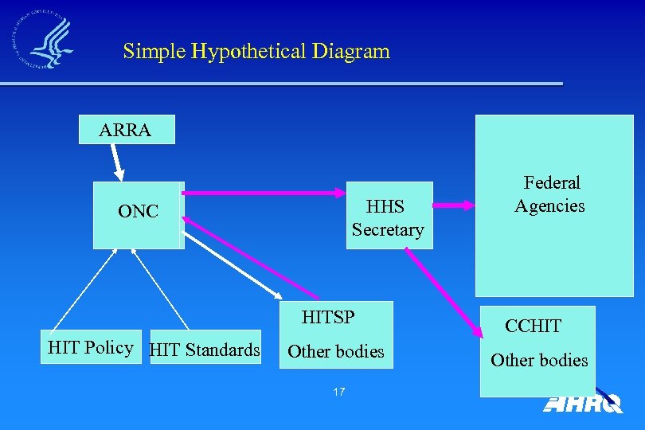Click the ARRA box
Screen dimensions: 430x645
point(126,130)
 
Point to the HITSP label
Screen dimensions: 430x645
point(328,317)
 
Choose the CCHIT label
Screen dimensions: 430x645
point(533,326)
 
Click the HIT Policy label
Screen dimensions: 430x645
point(90,347)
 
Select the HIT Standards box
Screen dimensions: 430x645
point(205,350)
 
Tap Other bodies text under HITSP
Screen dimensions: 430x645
point(335,351)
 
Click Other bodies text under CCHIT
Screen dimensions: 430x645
point(539,360)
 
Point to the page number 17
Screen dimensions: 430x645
point(339,392)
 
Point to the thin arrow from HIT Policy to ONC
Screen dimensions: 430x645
point(83,290)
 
